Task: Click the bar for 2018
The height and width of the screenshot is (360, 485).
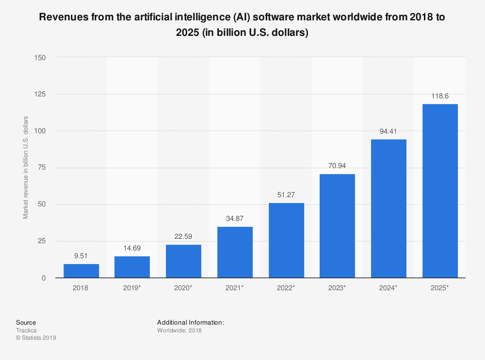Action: coord(81,271)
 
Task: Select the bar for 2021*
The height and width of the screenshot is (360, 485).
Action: coord(235,252)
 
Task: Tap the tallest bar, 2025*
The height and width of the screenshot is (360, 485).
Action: coord(440,191)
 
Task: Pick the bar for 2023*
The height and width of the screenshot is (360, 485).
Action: coord(337,226)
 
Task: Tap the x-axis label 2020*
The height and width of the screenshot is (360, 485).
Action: coord(183,288)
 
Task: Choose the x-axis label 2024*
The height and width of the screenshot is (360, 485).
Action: coord(388,288)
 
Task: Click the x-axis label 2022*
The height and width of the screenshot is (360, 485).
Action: coord(286,288)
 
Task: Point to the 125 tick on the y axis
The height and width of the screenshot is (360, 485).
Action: coord(40,94)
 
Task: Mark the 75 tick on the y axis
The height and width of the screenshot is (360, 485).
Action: coord(42,168)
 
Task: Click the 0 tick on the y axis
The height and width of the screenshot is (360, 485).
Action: coord(44,278)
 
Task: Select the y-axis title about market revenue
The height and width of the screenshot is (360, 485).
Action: coord(26,168)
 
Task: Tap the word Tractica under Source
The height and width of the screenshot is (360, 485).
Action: coord(26,330)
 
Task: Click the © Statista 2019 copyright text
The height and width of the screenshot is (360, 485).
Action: coord(36,338)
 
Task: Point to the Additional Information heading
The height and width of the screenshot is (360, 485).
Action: coord(190,322)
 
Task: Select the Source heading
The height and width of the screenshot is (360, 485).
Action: coord(26,322)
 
